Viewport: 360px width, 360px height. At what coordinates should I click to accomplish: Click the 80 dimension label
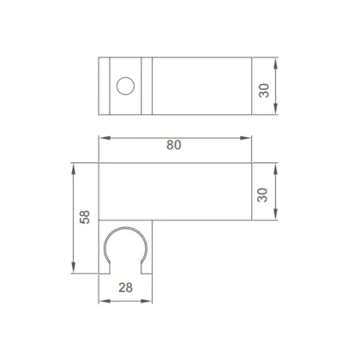[x=174, y=145]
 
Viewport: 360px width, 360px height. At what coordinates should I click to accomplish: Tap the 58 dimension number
[x=85, y=217]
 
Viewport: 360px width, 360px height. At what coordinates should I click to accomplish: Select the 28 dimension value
[x=125, y=287]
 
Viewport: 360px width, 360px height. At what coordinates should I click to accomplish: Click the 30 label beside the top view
[x=264, y=91]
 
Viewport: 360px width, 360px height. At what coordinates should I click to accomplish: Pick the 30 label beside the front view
[x=262, y=195]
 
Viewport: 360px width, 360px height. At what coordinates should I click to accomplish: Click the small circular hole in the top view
[x=125, y=86]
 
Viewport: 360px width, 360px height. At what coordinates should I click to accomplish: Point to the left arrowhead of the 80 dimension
[x=105, y=138]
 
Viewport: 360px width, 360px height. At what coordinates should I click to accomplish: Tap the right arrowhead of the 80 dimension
[x=246, y=138]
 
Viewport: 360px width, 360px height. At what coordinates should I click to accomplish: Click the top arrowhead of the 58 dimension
[x=74, y=169]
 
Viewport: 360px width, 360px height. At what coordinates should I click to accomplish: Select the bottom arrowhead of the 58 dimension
[x=74, y=267]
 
